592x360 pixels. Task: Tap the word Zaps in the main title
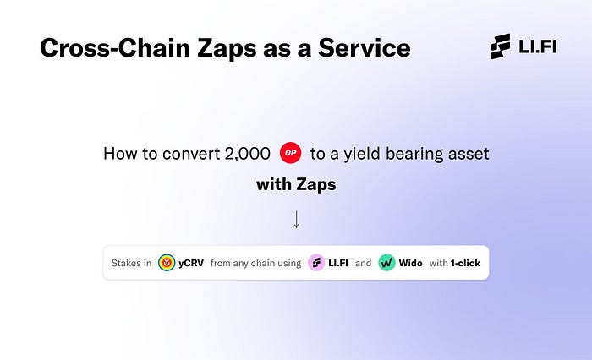pos(227,49)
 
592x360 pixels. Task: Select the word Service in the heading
pos(364,48)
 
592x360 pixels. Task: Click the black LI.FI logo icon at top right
pos(501,46)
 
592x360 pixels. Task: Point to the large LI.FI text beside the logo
pos(537,46)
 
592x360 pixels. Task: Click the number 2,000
pos(247,154)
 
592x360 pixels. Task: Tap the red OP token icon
pos(290,153)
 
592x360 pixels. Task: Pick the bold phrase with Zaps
pos(296,184)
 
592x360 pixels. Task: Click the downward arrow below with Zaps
pos(296,219)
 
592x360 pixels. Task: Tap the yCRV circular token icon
pos(167,263)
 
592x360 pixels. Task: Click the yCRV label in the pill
pos(191,263)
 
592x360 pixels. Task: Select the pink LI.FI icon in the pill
pos(316,263)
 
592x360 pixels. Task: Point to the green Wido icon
pos(386,263)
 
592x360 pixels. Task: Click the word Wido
pos(410,263)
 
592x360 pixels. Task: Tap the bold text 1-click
pos(465,263)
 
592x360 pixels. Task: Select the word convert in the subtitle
pos(191,154)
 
